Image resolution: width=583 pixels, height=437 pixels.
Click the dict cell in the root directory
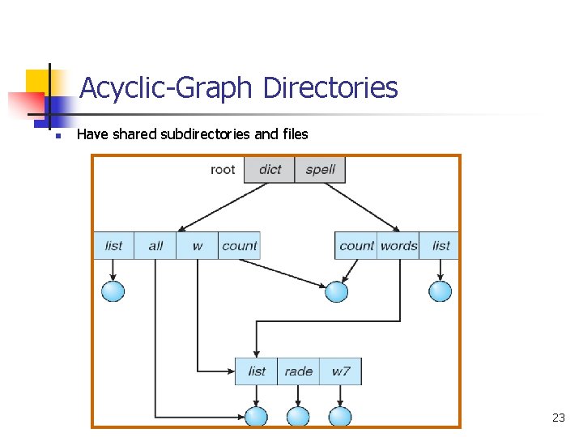point(270,170)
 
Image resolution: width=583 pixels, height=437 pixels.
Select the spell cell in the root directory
point(320,170)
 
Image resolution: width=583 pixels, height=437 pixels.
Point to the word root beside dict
point(223,170)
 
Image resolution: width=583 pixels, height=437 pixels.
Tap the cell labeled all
point(155,246)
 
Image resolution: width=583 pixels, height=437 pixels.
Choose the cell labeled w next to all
point(198,246)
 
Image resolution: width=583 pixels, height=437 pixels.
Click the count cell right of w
point(239,246)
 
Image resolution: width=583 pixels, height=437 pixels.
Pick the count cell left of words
point(356,246)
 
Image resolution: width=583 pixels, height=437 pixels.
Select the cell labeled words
point(398,246)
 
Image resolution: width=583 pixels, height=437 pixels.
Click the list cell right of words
point(440,246)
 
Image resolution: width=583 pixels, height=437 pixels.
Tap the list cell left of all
point(114,246)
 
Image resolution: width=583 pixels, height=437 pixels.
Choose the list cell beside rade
point(257,371)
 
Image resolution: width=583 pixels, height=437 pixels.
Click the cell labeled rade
point(298,371)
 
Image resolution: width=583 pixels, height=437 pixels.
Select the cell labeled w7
point(340,371)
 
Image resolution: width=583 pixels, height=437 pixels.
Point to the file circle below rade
point(298,417)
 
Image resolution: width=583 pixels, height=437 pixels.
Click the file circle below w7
point(340,417)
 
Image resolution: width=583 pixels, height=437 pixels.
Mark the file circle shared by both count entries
point(336,291)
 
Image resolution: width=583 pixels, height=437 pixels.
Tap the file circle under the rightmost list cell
point(440,291)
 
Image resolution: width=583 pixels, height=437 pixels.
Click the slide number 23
point(558,418)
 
